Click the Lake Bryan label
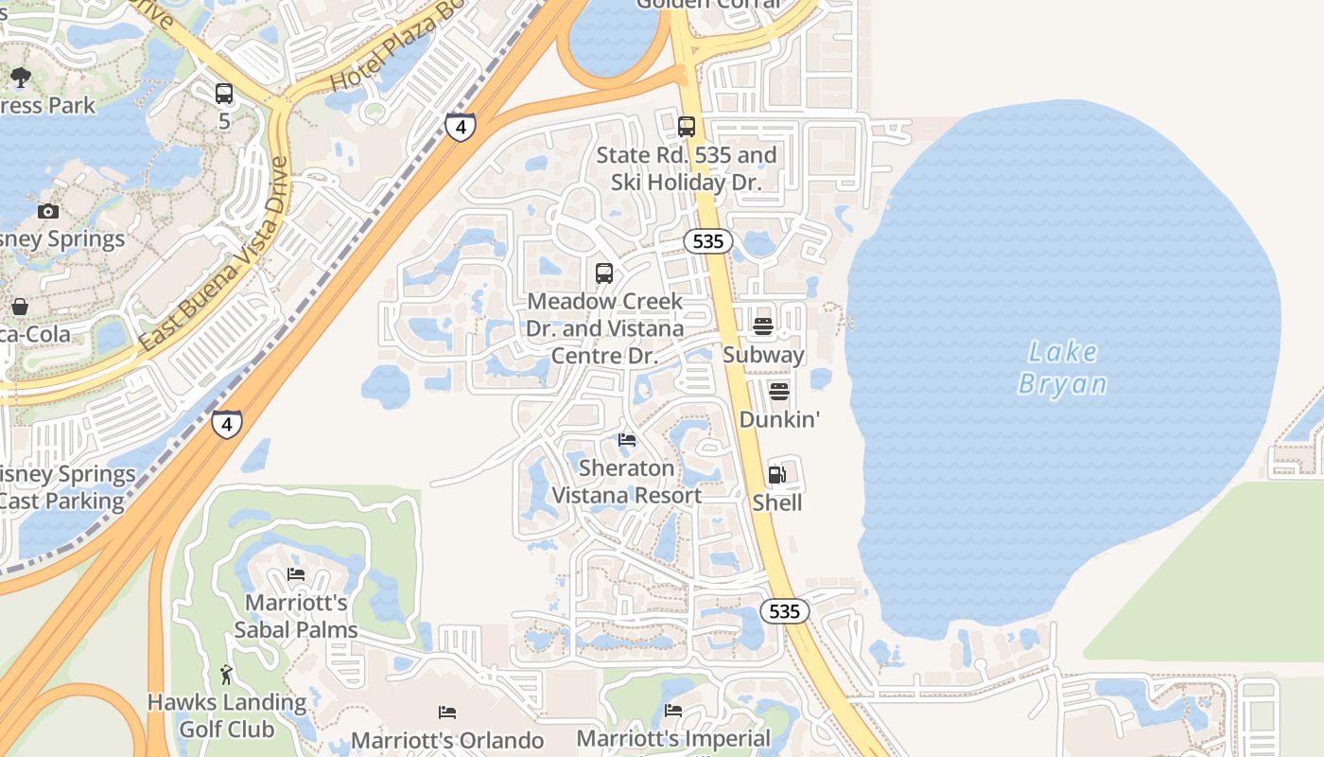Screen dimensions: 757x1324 click(x=1063, y=367)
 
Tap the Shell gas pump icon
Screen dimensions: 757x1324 click(x=776, y=475)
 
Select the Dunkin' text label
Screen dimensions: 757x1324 click(x=778, y=419)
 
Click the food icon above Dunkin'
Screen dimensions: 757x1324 click(x=778, y=391)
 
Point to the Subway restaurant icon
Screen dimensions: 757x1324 click(x=763, y=327)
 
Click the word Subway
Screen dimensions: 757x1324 click(x=763, y=355)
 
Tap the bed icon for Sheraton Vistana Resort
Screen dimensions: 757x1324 click(x=627, y=440)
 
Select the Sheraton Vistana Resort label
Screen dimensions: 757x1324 click(x=627, y=482)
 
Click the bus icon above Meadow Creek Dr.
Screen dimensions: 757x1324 click(x=604, y=273)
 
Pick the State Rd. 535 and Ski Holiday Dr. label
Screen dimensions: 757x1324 click(x=687, y=168)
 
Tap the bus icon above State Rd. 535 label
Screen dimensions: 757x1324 click(x=687, y=126)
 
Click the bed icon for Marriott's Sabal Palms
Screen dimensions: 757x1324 click(x=296, y=574)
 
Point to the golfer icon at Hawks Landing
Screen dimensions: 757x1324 click(x=226, y=675)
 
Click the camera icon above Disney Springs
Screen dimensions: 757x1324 click(x=48, y=211)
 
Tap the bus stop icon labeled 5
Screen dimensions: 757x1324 click(x=224, y=94)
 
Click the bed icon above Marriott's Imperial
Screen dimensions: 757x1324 click(x=673, y=711)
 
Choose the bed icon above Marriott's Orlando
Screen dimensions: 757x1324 click(x=447, y=713)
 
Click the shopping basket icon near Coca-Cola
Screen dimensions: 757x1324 click(x=20, y=307)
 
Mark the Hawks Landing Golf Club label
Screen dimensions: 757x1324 click(x=227, y=716)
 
